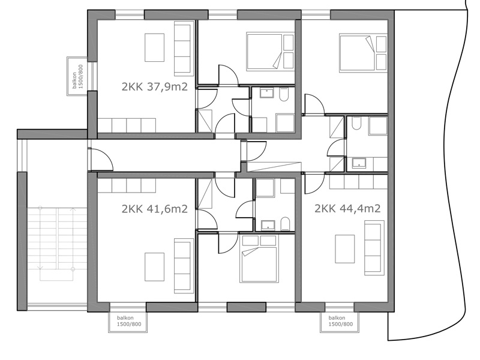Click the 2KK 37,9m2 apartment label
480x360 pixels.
(155, 87)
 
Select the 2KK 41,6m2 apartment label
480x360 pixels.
(155, 209)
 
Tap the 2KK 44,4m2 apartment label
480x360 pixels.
(347, 208)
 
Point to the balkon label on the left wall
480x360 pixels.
(77, 77)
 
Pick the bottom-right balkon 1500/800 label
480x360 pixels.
(341, 321)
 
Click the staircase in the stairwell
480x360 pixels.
(57, 244)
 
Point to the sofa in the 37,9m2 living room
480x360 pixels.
(184, 49)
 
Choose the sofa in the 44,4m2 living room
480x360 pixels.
(374, 248)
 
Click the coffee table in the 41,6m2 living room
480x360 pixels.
(154, 266)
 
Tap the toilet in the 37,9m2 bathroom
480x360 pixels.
(284, 95)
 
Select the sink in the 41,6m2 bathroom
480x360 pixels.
(268, 226)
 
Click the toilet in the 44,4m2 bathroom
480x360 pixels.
(356, 123)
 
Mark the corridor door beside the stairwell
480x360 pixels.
(100, 159)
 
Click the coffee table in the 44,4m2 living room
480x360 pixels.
(344, 249)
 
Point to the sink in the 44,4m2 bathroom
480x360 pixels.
(358, 163)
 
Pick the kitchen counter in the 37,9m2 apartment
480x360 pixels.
(127, 125)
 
